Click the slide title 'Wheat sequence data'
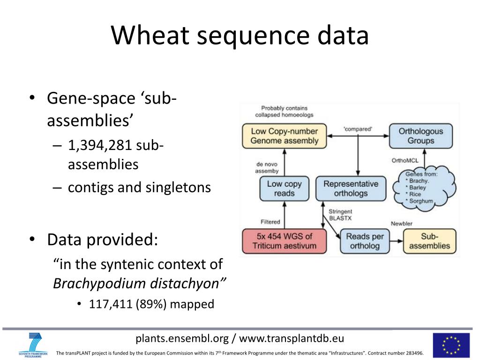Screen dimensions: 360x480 [x=240, y=36]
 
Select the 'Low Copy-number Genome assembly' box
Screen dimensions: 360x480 [x=285, y=136]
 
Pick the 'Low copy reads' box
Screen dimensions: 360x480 [x=284, y=188]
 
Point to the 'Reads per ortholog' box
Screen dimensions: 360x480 [x=365, y=241]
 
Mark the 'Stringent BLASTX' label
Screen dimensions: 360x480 [x=341, y=215]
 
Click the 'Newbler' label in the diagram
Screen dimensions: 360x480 [x=402, y=223]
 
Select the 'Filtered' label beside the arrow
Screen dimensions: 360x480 [x=270, y=222]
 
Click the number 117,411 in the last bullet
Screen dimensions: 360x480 [x=111, y=304]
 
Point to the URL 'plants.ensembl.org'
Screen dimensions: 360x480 [x=182, y=338]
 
